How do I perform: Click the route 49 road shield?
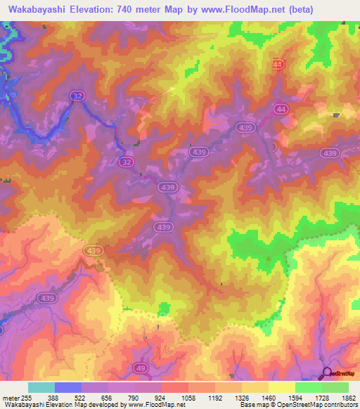click(x=140, y=368)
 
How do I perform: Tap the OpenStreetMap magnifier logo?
click(x=327, y=373)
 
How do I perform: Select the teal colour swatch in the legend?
click(x=41, y=387)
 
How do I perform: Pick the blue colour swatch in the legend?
click(x=68, y=387)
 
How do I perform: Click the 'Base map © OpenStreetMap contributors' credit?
click(x=298, y=405)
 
